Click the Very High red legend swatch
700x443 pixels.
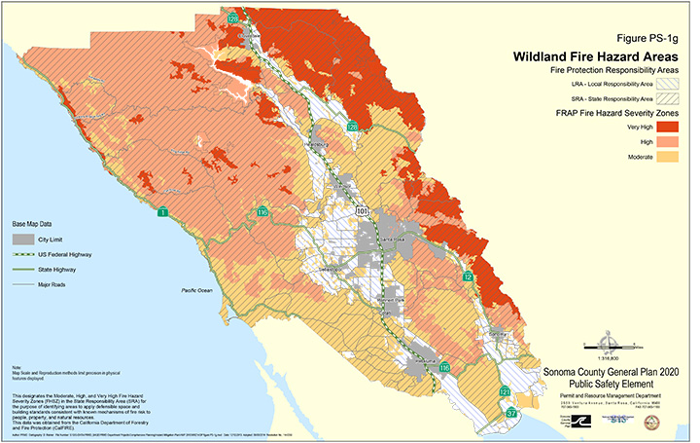tap(667, 128)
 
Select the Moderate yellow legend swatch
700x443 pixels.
tap(667, 156)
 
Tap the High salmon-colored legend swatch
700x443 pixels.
tap(667, 141)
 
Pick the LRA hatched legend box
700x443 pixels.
tap(667, 85)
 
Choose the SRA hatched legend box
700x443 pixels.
tap(667, 98)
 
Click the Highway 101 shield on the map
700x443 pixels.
tap(362, 208)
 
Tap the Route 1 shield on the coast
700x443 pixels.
tap(163, 212)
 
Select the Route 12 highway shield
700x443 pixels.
tap(469, 277)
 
